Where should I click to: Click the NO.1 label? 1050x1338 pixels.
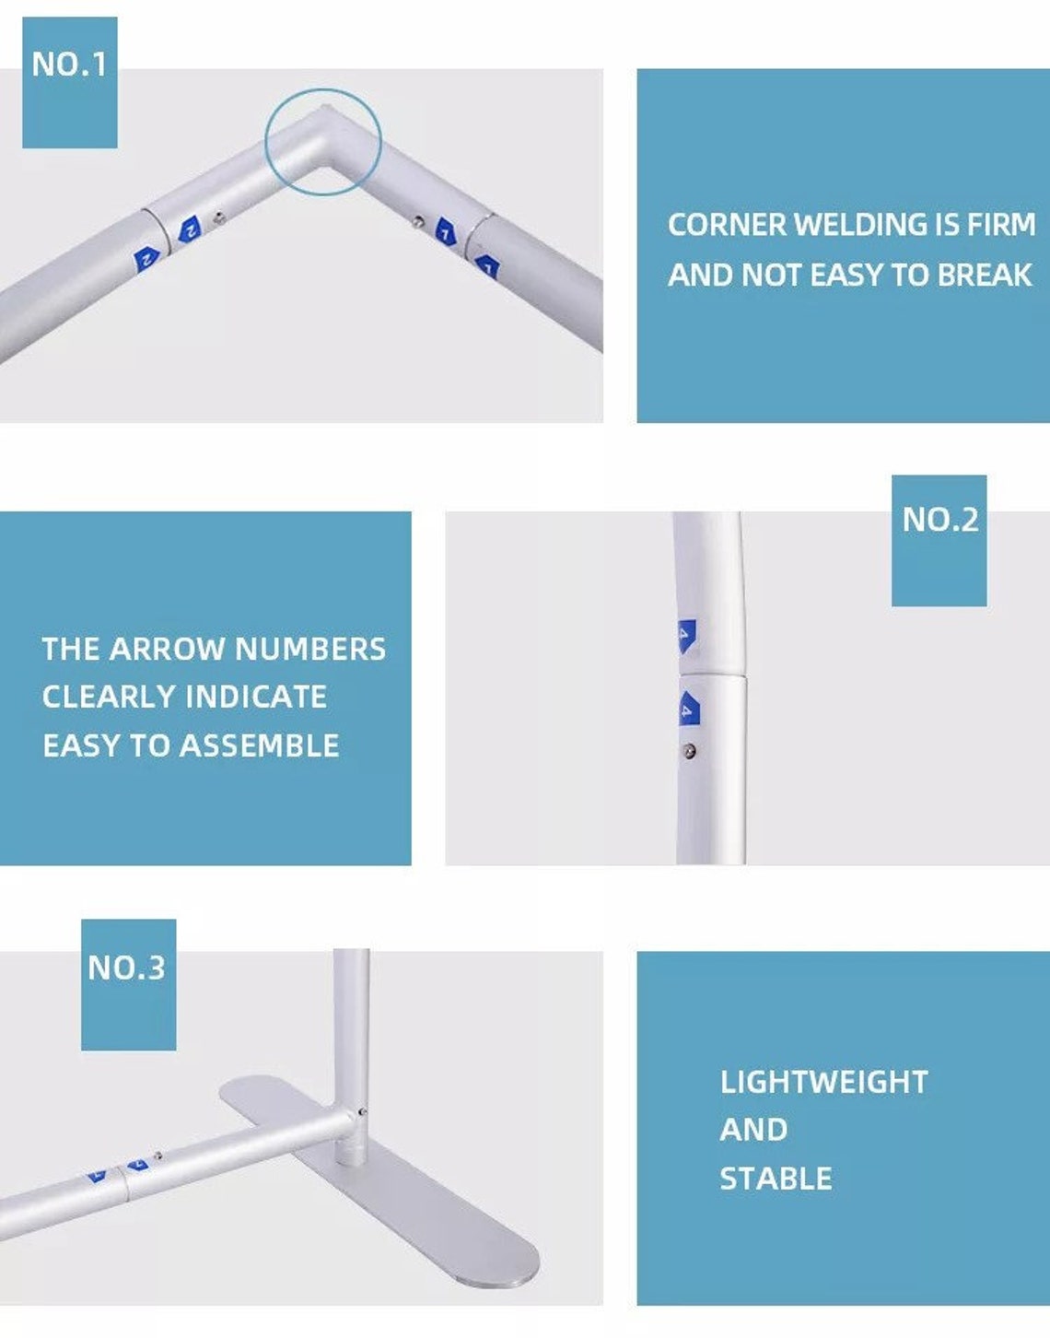69,64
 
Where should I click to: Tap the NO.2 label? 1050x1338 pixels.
939,519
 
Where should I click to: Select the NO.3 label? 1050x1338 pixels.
127,968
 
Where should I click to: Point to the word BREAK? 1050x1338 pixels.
984,275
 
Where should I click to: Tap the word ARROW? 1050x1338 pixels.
168,649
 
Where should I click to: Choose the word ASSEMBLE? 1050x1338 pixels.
259,745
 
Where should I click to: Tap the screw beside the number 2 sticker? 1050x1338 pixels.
218,217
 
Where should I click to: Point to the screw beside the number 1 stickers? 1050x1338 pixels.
418,221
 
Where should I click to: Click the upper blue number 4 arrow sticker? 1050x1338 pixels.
687,636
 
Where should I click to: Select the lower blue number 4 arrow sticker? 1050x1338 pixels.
690,708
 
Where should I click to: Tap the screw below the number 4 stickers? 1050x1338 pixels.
689,751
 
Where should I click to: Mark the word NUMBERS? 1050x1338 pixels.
310,649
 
